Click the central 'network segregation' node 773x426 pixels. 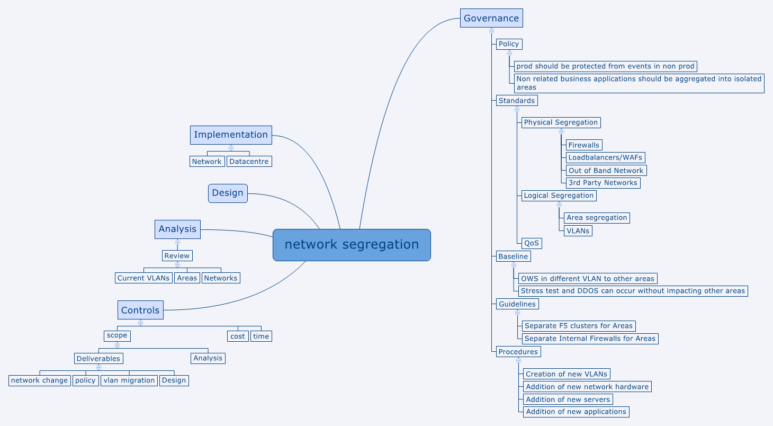click(x=352, y=245)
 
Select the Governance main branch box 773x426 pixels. click(x=491, y=19)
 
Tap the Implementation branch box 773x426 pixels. click(x=231, y=135)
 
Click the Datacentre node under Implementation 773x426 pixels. click(x=249, y=162)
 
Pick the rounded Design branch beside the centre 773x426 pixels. click(x=228, y=193)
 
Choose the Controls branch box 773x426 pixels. click(x=140, y=310)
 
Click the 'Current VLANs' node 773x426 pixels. click(x=143, y=278)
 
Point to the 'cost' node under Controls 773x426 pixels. click(x=238, y=336)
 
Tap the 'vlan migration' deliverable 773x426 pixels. click(x=129, y=380)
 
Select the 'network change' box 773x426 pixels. click(x=40, y=380)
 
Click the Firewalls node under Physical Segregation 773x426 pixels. click(x=584, y=145)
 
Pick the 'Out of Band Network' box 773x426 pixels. click(x=606, y=171)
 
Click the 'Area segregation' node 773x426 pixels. click(x=597, y=218)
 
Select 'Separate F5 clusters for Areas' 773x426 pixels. click(x=578, y=326)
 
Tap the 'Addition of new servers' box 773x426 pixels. click(x=568, y=400)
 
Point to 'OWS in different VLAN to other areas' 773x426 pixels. click(x=588, y=279)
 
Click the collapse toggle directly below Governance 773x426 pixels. click(x=491, y=31)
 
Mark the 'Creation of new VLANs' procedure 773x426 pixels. click(x=567, y=374)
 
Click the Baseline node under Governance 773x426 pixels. click(x=513, y=256)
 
